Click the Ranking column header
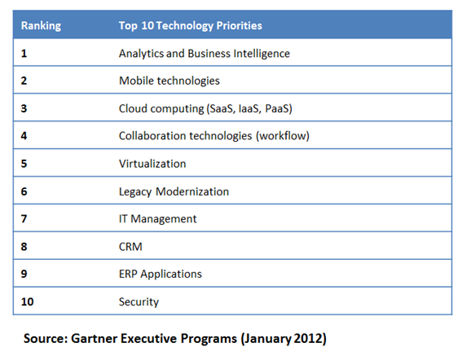(x=40, y=26)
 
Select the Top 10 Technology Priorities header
(x=191, y=26)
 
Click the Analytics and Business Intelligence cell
(x=205, y=54)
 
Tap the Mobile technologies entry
(x=169, y=81)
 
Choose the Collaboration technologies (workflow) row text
(x=214, y=136)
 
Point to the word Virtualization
(x=152, y=164)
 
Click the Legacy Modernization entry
(x=174, y=191)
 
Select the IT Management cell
(x=158, y=219)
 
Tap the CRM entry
(x=130, y=247)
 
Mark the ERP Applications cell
(x=161, y=274)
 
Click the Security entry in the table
(x=139, y=302)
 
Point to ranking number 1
(x=24, y=54)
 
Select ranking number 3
(x=24, y=109)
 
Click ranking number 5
(x=24, y=164)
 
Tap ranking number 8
(x=24, y=247)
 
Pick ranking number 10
(x=28, y=302)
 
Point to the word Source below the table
(x=45, y=338)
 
